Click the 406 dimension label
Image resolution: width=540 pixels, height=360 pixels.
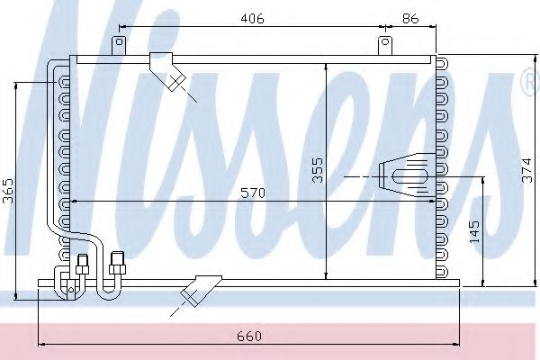[252, 18]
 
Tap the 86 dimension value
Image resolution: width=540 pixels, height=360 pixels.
[410, 18]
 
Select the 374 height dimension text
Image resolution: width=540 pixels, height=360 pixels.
[526, 170]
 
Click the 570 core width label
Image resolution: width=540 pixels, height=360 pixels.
[253, 193]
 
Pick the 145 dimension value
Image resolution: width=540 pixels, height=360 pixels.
[474, 231]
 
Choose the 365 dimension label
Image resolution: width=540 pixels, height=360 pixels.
[8, 191]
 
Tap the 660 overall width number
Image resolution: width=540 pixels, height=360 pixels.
[249, 336]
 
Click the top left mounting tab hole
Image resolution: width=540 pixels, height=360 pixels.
[119, 42]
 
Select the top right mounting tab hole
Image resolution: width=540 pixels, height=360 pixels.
[385, 42]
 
